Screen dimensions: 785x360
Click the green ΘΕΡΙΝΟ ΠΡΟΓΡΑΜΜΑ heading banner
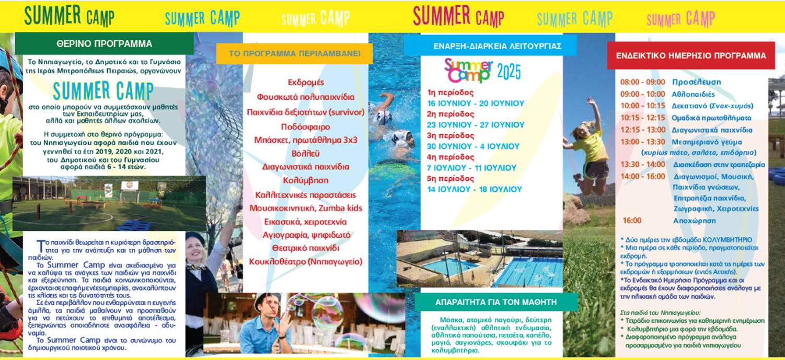104,44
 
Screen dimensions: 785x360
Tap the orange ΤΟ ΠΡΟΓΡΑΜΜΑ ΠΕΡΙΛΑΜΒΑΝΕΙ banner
294,54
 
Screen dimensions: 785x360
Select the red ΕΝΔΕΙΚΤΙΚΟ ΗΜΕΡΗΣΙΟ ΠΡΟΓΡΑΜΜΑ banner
691,56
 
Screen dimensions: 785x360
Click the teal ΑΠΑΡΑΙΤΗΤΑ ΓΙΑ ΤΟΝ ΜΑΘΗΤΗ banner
496,302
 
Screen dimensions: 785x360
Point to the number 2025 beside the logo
509,72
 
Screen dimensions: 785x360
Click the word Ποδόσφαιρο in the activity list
306,127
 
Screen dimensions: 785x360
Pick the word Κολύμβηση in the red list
306,180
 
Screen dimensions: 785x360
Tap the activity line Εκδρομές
306,83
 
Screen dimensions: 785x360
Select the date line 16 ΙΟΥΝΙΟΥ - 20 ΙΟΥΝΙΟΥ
476,103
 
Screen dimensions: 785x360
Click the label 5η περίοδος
451,179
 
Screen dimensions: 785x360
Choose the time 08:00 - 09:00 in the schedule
642,82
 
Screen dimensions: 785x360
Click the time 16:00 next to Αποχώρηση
632,220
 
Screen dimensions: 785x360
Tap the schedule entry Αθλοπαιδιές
693,94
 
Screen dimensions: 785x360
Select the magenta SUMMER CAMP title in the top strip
458,17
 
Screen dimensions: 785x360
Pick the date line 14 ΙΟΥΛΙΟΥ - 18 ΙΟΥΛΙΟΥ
475,190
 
